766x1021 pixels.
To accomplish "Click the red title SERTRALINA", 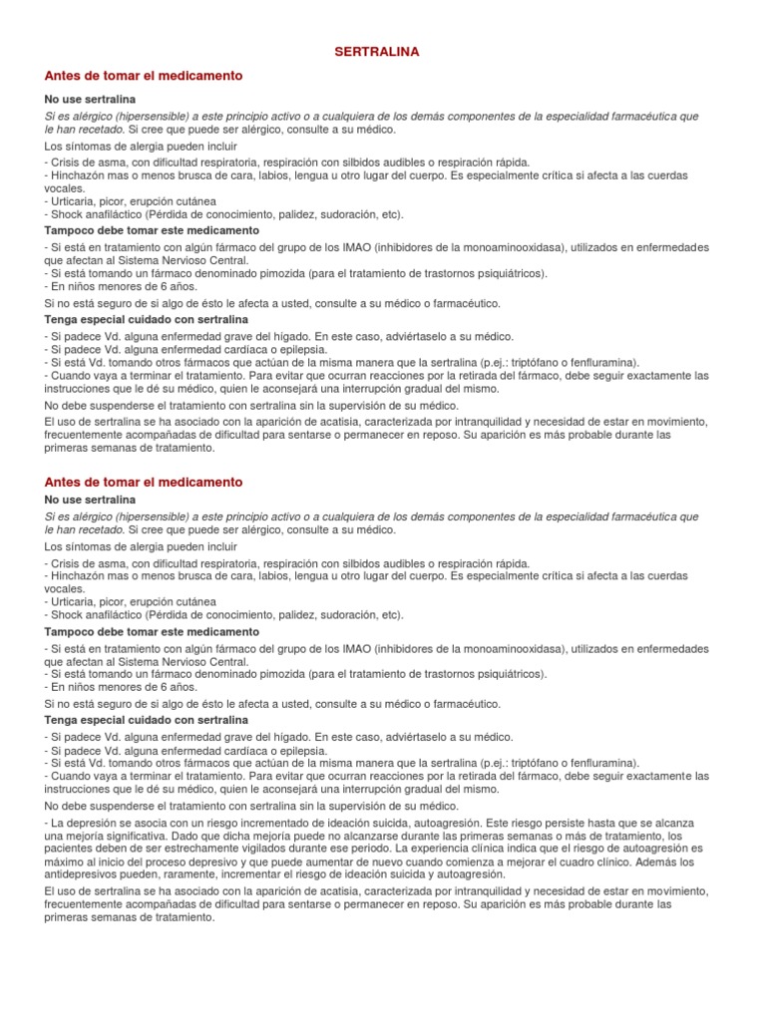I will tap(383, 50).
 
